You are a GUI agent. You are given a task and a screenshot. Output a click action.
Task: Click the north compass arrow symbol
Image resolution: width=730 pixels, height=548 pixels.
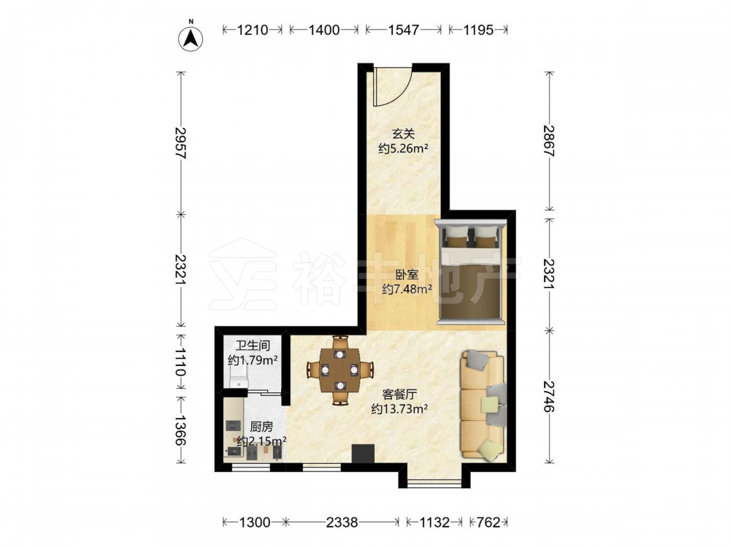coord(191,37)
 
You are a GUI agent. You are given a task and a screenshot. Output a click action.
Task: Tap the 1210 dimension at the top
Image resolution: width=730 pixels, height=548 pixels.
coord(253,30)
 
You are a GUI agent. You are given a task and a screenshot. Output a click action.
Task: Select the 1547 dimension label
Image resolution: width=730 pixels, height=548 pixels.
coord(404,30)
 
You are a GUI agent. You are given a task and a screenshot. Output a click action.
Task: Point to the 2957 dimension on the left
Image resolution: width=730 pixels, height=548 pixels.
coord(180,143)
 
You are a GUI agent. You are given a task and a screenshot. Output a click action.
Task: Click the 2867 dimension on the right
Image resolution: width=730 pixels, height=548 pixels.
coord(550,141)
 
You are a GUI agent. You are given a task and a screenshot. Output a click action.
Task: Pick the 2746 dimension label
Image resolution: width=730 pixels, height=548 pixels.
coord(550,396)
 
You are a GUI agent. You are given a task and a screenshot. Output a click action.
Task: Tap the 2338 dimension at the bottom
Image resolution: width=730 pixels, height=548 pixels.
coord(342,522)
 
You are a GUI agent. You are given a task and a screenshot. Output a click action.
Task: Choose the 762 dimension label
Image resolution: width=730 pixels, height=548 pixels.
coord(488,522)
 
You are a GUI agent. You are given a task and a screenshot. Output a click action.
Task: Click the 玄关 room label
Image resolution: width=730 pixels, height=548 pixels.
coord(403,134)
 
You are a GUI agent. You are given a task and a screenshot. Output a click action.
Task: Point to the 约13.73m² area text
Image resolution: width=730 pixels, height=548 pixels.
coord(399,409)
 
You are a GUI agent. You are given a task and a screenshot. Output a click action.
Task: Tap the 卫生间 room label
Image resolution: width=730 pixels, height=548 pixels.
coord(253,346)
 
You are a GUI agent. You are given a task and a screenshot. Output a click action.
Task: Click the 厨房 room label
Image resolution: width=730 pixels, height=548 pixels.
coord(261,427)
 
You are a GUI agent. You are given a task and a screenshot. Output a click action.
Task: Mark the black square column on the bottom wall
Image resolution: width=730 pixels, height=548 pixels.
coord(363,454)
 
